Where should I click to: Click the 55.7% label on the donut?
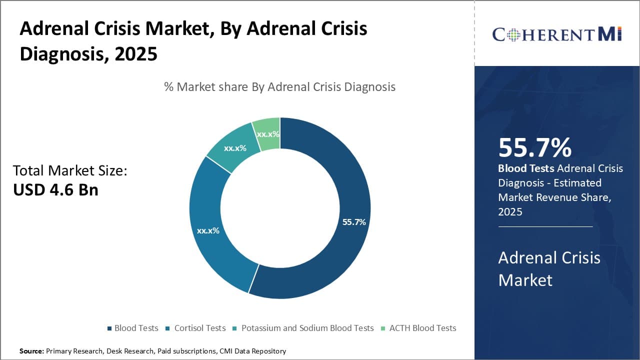point(354,222)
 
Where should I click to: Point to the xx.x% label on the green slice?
point(267,134)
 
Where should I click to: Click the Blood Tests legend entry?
point(132,328)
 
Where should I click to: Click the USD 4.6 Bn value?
point(55,190)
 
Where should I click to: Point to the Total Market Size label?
point(70,170)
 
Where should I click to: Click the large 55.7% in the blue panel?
point(534,147)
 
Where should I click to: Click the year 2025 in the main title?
point(136,54)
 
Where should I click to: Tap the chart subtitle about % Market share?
point(279,87)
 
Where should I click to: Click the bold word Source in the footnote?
point(31,351)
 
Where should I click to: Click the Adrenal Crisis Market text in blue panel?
point(549,268)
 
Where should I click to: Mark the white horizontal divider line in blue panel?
point(545,226)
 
